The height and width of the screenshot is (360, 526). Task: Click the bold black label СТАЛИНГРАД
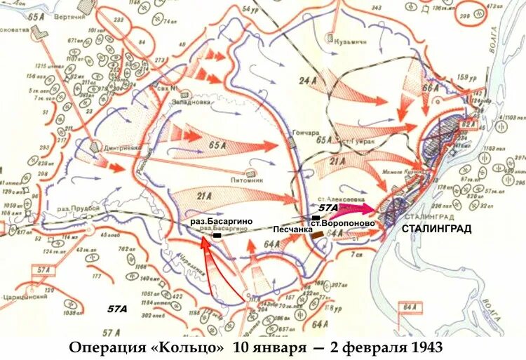[436, 229]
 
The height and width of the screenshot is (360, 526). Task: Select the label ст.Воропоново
[347, 223]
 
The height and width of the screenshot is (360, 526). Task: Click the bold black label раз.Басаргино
[221, 221]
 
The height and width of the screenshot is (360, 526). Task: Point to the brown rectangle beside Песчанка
[318, 234]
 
